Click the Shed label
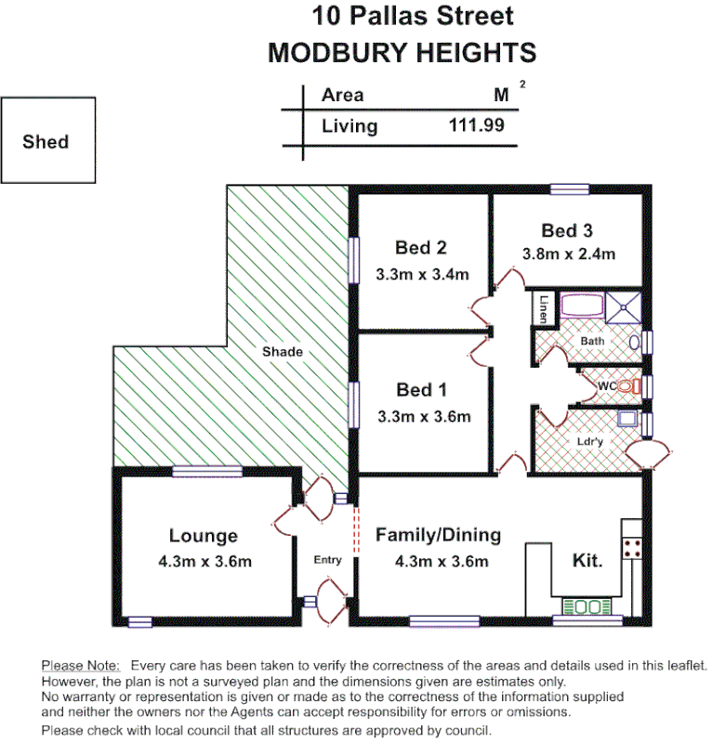(x=46, y=142)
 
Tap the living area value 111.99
(x=476, y=125)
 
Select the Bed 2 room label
(x=420, y=248)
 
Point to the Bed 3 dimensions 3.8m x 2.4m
(x=568, y=254)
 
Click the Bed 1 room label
(x=420, y=389)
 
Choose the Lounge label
(x=203, y=536)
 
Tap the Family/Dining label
(x=438, y=536)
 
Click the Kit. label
(x=587, y=561)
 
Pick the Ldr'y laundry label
(x=590, y=442)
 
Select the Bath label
(x=592, y=341)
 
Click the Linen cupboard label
(x=542, y=308)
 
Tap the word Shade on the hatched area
(x=282, y=352)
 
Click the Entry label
(x=327, y=560)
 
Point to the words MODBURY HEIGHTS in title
(x=402, y=53)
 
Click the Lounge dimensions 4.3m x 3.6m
(x=204, y=561)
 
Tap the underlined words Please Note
(x=80, y=666)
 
